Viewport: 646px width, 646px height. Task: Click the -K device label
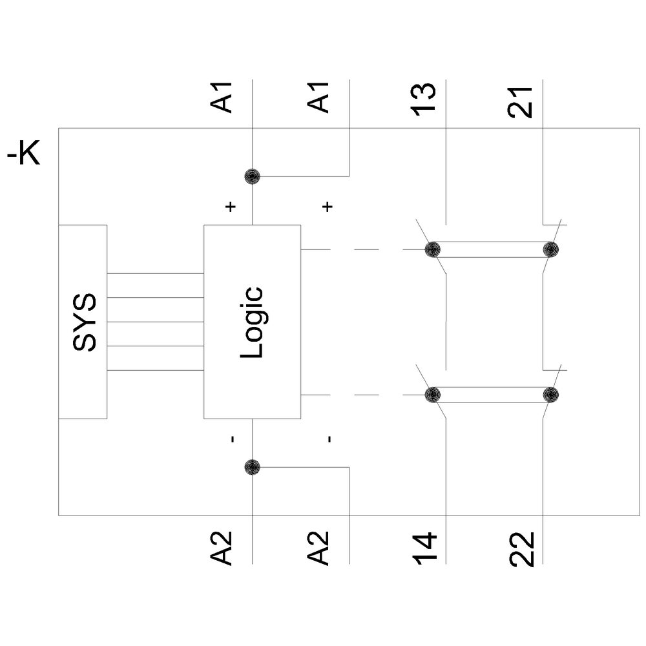click(x=24, y=156)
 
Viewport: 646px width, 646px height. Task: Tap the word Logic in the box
click(x=253, y=322)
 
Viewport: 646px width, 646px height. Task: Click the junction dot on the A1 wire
click(x=252, y=176)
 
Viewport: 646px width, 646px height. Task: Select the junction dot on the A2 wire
click(x=252, y=466)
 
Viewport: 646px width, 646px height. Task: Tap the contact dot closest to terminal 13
click(x=433, y=249)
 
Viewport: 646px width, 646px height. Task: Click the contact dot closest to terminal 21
click(x=550, y=249)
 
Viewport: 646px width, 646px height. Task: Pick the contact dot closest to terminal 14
click(x=433, y=395)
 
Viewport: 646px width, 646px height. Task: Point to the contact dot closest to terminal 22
click(x=550, y=395)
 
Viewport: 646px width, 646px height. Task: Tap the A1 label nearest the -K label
click(x=223, y=98)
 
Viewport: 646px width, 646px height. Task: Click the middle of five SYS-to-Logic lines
click(x=155, y=322)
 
